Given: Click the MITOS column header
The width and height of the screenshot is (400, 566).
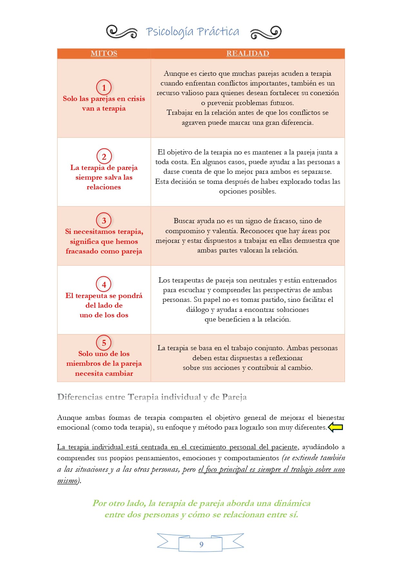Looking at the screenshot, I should (x=104, y=53).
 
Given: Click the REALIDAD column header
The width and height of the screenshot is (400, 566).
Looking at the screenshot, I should (x=248, y=53).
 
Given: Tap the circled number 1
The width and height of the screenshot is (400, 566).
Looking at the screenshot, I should (x=104, y=87).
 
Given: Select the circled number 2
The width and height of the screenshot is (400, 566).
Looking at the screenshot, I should (x=104, y=156).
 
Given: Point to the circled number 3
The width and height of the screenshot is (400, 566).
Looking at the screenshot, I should (x=104, y=221).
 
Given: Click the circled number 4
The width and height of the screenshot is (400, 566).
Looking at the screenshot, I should (x=104, y=284).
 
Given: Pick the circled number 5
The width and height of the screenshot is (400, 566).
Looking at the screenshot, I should (x=104, y=343).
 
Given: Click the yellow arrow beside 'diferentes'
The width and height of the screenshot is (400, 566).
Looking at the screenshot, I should (x=335, y=427).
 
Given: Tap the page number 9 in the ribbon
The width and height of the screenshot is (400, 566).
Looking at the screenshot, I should (x=201, y=544).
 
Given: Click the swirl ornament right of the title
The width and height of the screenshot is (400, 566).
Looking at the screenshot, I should (x=266, y=32).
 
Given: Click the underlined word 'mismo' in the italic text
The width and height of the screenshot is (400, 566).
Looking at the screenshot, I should (x=67, y=481).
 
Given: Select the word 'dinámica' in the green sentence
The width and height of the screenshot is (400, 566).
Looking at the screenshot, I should (x=292, y=503).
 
